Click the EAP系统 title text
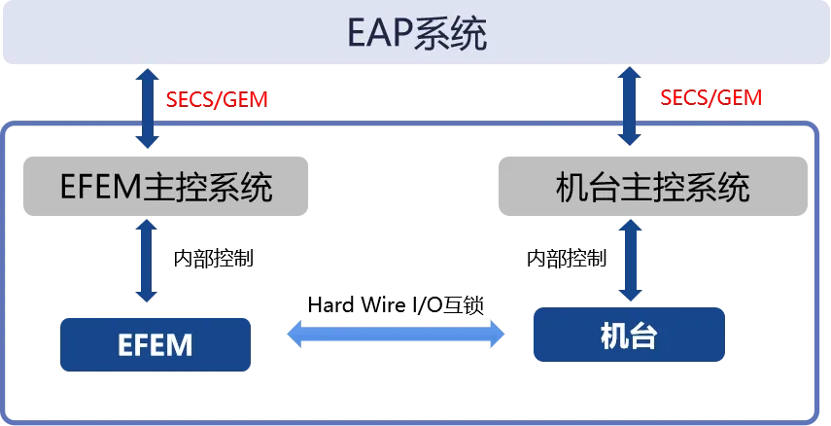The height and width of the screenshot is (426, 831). [x=417, y=35]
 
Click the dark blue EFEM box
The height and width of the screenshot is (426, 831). [x=156, y=344]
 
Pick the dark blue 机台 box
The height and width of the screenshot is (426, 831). [x=629, y=337]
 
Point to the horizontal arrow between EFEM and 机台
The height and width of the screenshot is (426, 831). [x=396, y=335]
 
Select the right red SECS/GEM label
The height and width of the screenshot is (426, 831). [x=711, y=98]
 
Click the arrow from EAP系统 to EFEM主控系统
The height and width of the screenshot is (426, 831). [x=147, y=109]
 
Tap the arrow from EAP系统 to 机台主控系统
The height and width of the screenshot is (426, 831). [x=629, y=109]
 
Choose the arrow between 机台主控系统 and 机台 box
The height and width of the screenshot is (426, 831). [x=629, y=259]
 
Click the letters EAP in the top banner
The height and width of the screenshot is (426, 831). [x=379, y=36]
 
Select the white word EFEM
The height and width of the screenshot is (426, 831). [x=156, y=344]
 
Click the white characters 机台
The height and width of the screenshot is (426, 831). [x=629, y=337]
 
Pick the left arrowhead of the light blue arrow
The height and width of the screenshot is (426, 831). [x=295, y=335]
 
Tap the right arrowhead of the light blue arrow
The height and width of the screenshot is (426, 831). [x=497, y=335]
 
